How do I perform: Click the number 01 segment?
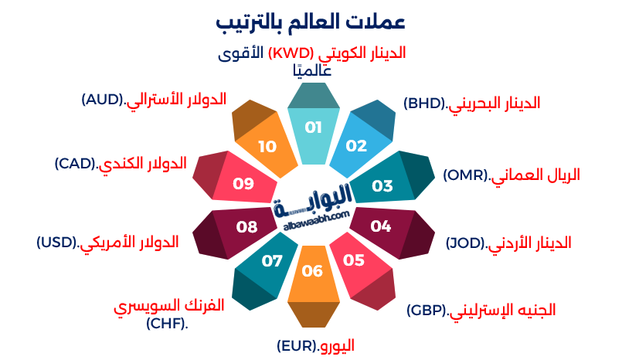click(313, 128)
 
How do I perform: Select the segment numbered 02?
click(356, 144)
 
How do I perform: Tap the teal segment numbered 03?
click(382, 185)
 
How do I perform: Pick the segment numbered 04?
click(381, 226)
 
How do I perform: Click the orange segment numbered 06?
click(313, 271)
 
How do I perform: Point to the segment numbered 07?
click(272, 260)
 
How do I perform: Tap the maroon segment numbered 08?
click(246, 227)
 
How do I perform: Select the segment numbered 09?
click(243, 184)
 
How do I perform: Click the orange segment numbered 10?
click(267, 146)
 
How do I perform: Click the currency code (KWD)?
click(291, 53)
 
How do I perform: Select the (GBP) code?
click(427, 311)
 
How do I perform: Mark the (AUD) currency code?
click(104, 100)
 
